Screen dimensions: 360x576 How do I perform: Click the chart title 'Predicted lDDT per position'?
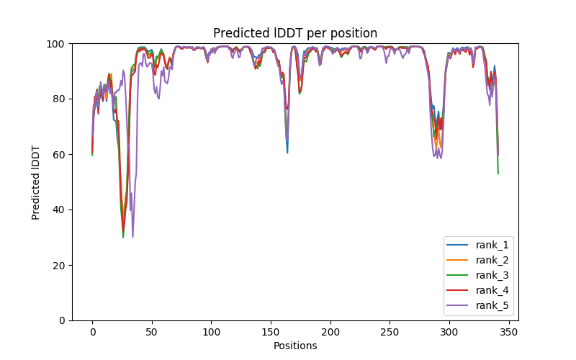click(x=295, y=33)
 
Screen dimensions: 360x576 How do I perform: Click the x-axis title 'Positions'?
click(x=295, y=346)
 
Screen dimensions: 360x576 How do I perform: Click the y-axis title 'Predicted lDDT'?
click(x=36, y=182)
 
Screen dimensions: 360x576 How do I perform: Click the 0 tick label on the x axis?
click(x=92, y=332)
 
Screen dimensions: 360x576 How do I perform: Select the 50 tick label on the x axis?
click(x=152, y=332)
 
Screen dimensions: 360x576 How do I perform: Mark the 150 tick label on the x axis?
click(x=271, y=332)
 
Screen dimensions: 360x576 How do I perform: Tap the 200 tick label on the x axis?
click(x=330, y=332)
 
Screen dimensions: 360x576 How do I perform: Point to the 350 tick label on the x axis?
click(x=509, y=332)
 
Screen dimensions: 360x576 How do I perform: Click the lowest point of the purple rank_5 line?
click(x=132, y=237)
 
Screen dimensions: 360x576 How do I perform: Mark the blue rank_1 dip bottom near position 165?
click(x=287, y=153)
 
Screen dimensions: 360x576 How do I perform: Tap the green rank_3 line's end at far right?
click(x=498, y=174)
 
